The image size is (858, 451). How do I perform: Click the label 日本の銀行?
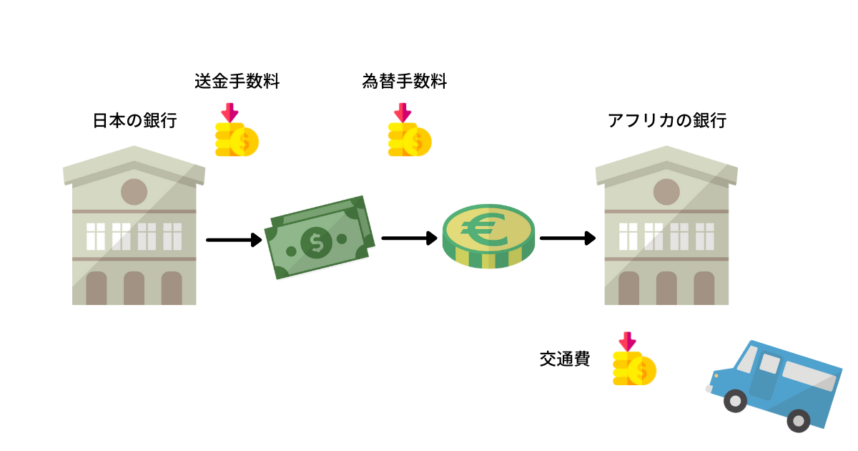[134, 121]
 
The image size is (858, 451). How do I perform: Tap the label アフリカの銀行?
[666, 121]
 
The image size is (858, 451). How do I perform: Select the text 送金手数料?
[237, 82]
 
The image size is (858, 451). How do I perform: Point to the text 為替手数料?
[405, 82]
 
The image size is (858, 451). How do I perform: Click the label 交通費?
[565, 359]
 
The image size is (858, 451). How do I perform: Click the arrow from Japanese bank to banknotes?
[234, 240]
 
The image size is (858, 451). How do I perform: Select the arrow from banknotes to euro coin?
[409, 238]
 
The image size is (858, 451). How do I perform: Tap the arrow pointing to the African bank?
[568, 238]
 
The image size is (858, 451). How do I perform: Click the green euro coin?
[488, 236]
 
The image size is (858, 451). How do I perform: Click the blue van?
[776, 383]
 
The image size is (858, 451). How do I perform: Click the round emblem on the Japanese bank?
[134, 192]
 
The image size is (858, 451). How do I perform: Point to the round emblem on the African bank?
[666, 192]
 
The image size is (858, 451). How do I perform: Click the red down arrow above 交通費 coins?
[627, 341]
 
